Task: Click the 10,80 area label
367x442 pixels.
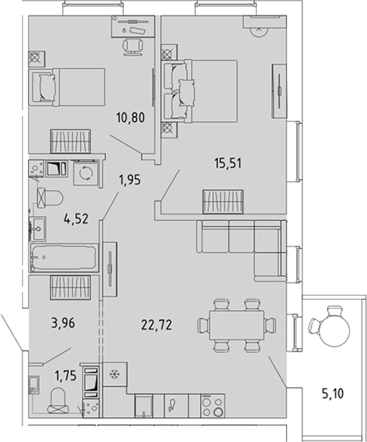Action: click(130, 118)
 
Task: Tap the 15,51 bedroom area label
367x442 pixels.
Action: click(228, 163)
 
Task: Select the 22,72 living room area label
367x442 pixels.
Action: click(157, 325)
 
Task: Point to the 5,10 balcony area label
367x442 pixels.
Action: click(332, 393)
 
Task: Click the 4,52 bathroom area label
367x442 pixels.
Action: click(76, 219)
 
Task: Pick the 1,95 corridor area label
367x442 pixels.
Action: click(129, 180)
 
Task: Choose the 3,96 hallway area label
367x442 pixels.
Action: click(63, 323)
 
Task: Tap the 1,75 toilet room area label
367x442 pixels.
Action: click(66, 376)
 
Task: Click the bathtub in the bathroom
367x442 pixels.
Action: click(64, 257)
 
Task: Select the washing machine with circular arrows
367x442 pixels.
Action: click(86, 173)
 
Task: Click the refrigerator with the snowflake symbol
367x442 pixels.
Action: click(114, 374)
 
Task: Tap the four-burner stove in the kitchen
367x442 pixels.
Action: click(212, 405)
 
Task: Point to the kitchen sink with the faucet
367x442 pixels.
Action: click(176, 405)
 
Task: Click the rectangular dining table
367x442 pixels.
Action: click(236, 325)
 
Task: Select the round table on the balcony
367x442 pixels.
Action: click(335, 330)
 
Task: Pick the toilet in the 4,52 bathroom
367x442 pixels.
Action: click(49, 199)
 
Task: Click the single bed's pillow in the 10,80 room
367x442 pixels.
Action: click(47, 87)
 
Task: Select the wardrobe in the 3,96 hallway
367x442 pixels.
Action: click(71, 287)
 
